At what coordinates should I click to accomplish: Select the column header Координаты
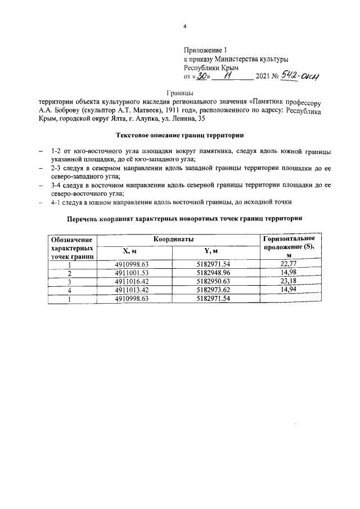pyautogui.click(x=178, y=240)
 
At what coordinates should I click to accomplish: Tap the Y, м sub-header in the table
pyautogui.click(x=211, y=251)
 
